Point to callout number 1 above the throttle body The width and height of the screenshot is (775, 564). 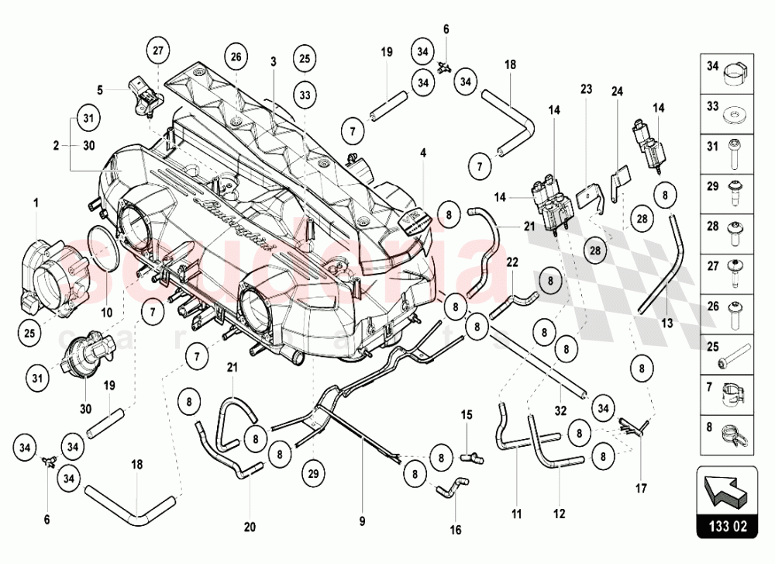(x=35, y=202)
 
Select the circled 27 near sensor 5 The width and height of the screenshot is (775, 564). (x=158, y=51)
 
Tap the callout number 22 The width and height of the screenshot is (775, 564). (x=512, y=261)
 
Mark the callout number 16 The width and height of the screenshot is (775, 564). (x=456, y=530)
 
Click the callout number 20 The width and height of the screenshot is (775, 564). (x=249, y=527)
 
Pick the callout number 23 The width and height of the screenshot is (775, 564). (x=586, y=88)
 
